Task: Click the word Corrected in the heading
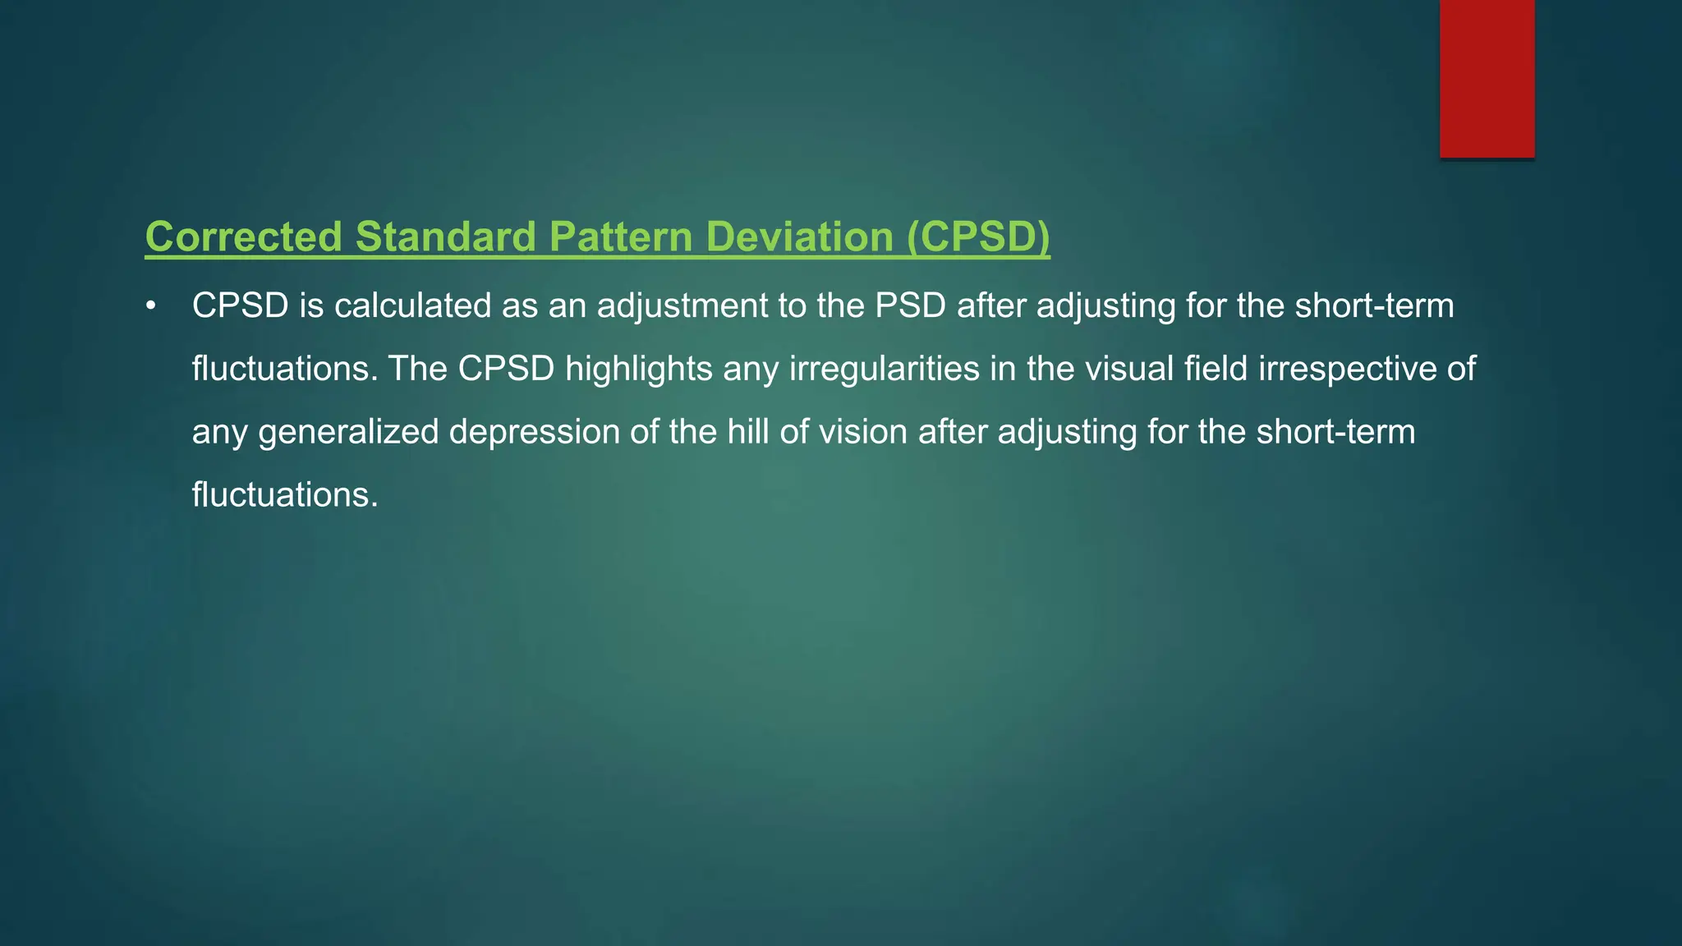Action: [x=243, y=236]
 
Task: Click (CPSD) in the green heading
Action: [x=978, y=236]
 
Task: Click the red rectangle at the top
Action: [x=1487, y=78]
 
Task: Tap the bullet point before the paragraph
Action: [x=150, y=306]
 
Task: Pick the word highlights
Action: [x=639, y=369]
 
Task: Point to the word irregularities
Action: [x=885, y=369]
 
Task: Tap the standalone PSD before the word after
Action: [x=910, y=305]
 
